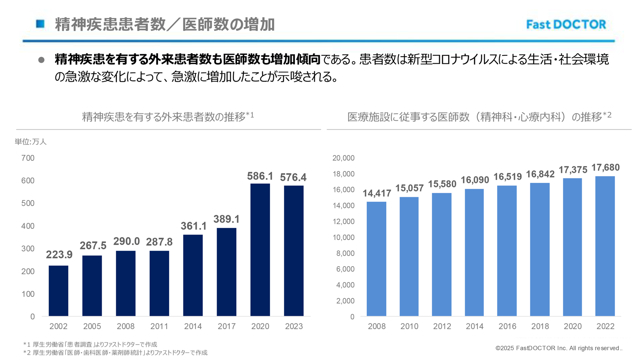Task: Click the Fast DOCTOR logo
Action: click(x=566, y=25)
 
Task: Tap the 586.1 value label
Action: click(x=260, y=176)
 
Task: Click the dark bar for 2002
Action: click(x=58, y=290)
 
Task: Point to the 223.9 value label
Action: click(x=59, y=255)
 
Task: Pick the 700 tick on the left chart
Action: click(x=28, y=158)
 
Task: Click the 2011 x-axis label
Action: click(x=159, y=326)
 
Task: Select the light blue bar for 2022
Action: click(x=605, y=246)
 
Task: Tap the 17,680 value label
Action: click(x=605, y=167)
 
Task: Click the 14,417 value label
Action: click(x=377, y=193)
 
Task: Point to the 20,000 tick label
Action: click(x=343, y=158)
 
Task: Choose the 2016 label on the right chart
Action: click(x=507, y=326)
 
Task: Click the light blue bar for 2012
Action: click(x=442, y=254)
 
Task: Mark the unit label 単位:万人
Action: click(x=31, y=142)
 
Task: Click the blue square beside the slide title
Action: click(x=40, y=24)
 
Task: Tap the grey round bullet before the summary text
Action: click(x=41, y=60)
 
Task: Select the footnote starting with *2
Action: click(x=115, y=352)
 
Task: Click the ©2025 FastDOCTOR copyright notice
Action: click(x=558, y=348)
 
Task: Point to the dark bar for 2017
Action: click(x=226, y=272)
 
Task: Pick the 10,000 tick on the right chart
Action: click(x=343, y=237)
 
